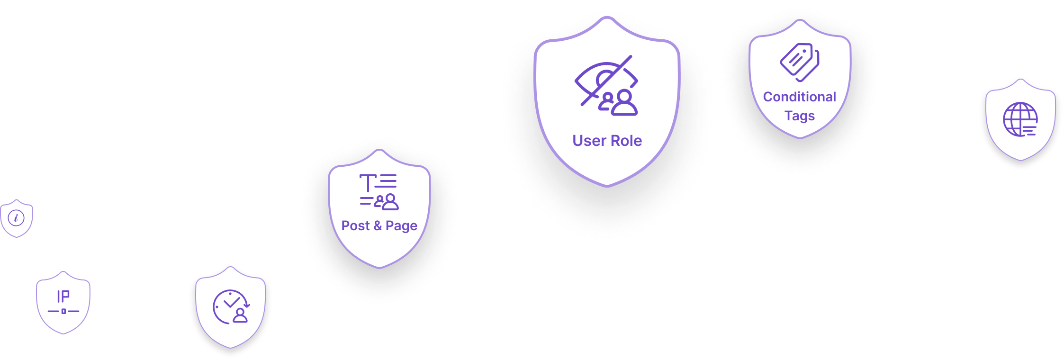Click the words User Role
[x=607, y=141]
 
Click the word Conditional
[x=800, y=97]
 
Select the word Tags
[x=800, y=116]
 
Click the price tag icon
[x=800, y=62]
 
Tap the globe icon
[x=1020, y=119]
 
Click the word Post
[x=355, y=225]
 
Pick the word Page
[x=401, y=226]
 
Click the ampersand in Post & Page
[x=378, y=225]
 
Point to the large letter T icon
[x=368, y=183]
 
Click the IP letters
[x=63, y=297]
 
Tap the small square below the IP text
[x=63, y=311]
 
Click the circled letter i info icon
[x=16, y=218]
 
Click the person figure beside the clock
[x=240, y=315]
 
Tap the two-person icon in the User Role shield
[x=618, y=103]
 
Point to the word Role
[x=625, y=141]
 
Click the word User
[x=589, y=141]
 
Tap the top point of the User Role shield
[x=607, y=17]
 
